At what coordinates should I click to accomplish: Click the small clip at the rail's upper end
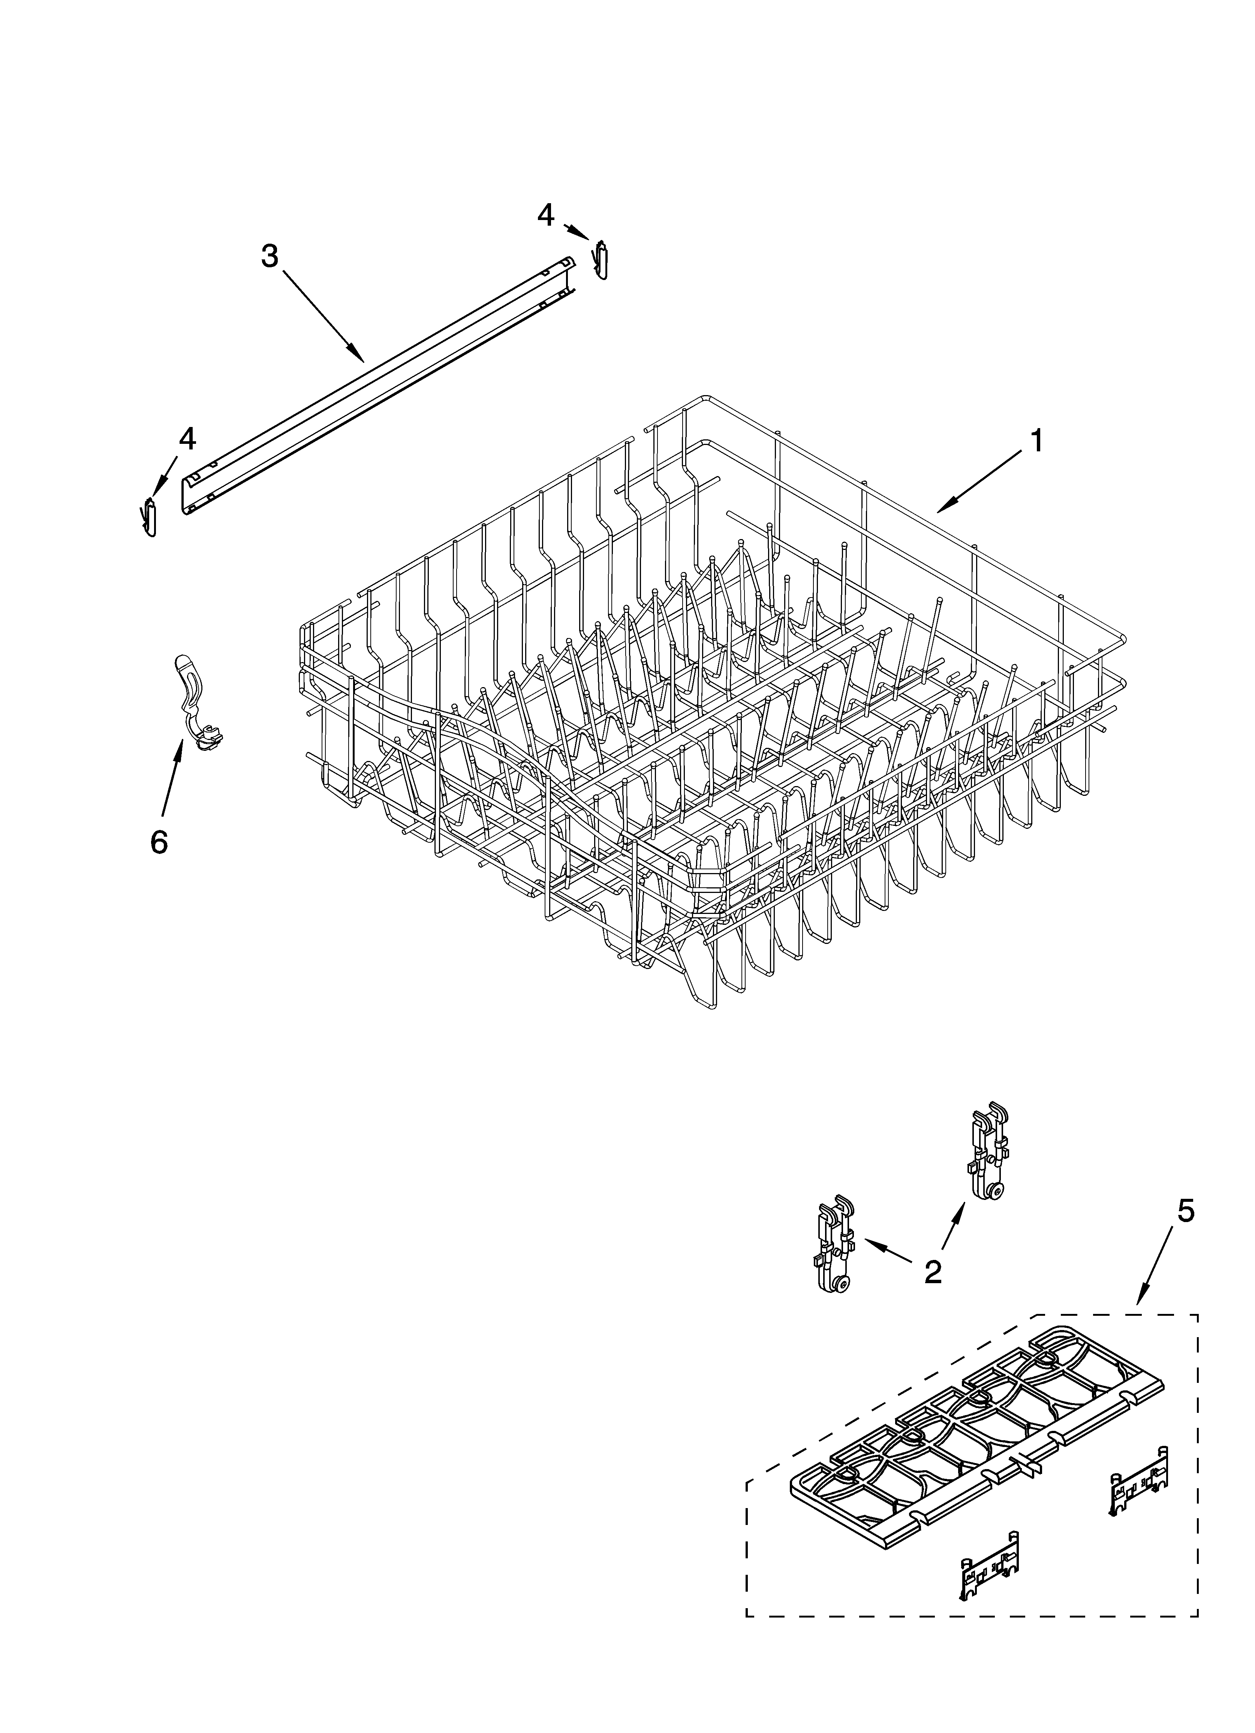click(602, 261)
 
